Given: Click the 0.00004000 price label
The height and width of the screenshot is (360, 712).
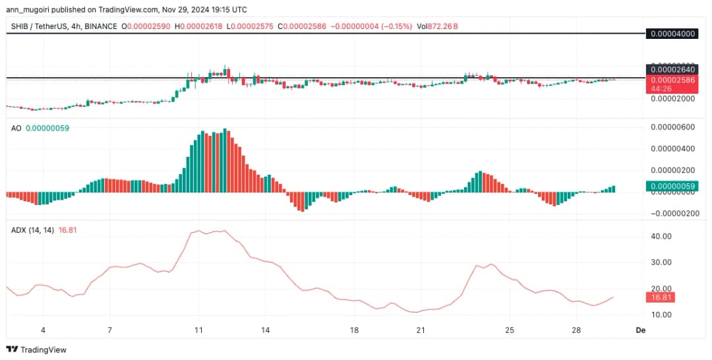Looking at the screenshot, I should pos(673,34).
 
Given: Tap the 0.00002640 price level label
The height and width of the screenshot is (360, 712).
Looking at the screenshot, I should pos(673,69).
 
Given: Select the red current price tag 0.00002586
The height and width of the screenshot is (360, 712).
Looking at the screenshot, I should pos(673,80).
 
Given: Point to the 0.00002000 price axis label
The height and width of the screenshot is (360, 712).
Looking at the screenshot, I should pos(673,98).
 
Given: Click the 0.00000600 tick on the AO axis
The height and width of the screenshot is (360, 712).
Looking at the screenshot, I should pos(673,127).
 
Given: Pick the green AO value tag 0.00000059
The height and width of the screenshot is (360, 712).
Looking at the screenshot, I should pos(673,187).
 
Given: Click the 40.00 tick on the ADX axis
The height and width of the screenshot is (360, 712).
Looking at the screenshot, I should pos(661,236).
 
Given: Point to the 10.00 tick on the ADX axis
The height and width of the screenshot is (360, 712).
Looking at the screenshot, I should pos(661,315).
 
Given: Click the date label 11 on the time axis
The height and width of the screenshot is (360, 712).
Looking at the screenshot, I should pos(197,329).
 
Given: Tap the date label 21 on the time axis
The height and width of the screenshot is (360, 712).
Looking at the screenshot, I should pos(420,329).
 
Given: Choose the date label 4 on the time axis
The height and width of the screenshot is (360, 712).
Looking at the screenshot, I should pos(43,329).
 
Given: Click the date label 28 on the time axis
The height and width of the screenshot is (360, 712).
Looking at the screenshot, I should pos(576,329).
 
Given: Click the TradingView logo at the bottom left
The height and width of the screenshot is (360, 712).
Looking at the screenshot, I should pos(36,349).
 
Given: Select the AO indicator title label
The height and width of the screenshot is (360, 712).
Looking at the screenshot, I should pos(16,129).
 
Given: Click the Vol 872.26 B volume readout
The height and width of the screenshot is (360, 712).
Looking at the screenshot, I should pos(438,26).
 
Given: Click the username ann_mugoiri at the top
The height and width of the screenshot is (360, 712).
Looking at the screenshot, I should pos(30,10).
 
